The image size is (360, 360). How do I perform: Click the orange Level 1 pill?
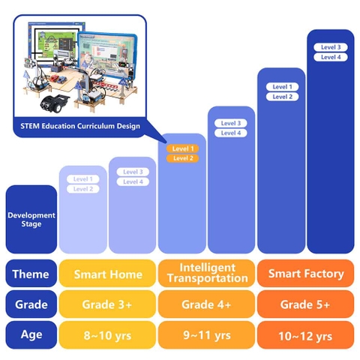click(182, 148)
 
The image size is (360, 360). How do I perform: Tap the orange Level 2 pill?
click(182, 158)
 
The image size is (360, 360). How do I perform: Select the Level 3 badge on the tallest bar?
click(330, 47)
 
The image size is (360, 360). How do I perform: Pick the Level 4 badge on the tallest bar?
click(330, 57)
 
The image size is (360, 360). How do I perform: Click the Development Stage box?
click(31, 219)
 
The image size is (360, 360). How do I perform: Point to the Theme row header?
click(31, 274)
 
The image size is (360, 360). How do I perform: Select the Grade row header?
click(31, 304)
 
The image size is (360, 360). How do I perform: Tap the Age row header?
click(31, 334)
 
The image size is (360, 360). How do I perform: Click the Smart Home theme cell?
click(107, 274)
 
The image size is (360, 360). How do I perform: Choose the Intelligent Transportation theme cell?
click(206, 273)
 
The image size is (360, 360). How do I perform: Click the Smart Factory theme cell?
click(306, 274)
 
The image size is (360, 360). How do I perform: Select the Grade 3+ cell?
click(107, 304)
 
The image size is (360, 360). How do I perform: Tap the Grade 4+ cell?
click(206, 304)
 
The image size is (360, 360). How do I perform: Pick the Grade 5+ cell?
click(306, 304)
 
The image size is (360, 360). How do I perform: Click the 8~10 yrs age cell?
click(107, 334)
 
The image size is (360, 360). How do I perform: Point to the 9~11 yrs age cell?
click(206, 334)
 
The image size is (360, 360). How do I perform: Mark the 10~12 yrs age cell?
click(306, 334)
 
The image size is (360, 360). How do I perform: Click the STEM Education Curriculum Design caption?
click(79, 126)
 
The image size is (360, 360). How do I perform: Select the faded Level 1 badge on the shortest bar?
click(83, 179)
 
